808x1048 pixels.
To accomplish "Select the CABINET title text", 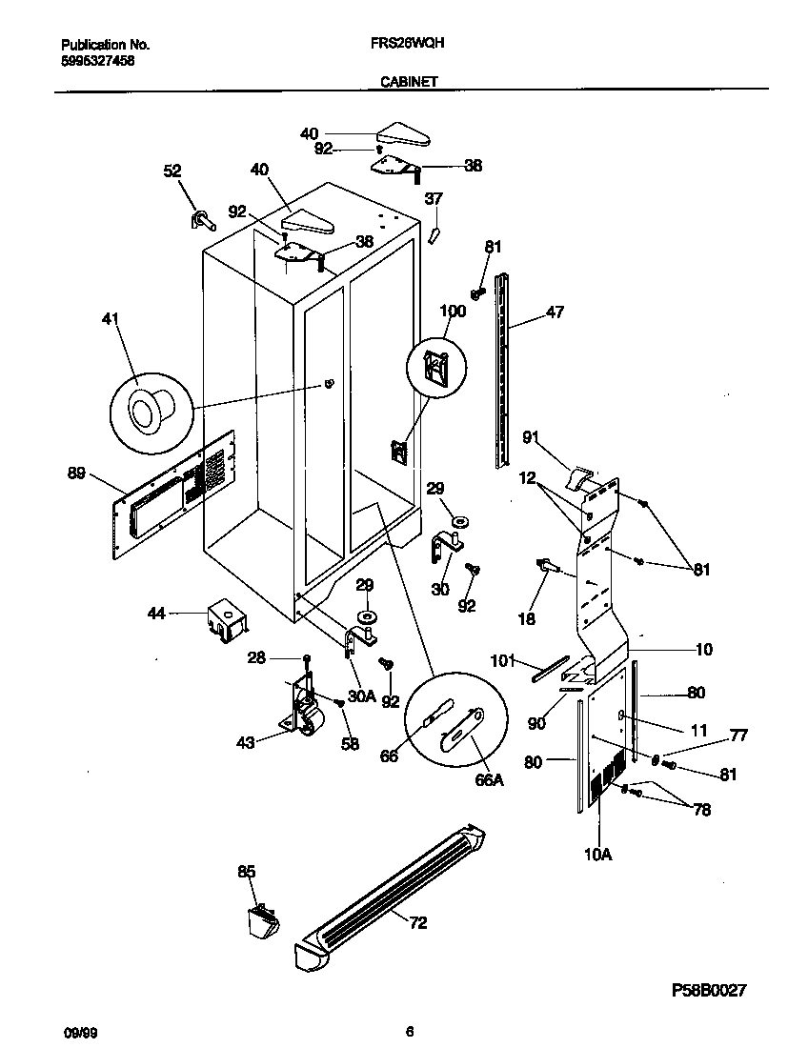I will click(409, 82).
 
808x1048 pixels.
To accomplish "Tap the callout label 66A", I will click(488, 779).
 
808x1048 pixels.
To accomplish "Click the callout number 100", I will click(453, 312).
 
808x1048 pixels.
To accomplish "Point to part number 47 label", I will click(555, 312).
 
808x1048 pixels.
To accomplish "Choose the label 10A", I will click(596, 855).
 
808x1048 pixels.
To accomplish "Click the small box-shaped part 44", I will click(225, 618).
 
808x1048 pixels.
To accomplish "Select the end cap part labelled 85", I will click(258, 920).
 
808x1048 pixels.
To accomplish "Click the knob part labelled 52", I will click(202, 220).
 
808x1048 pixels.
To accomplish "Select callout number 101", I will click(502, 658).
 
